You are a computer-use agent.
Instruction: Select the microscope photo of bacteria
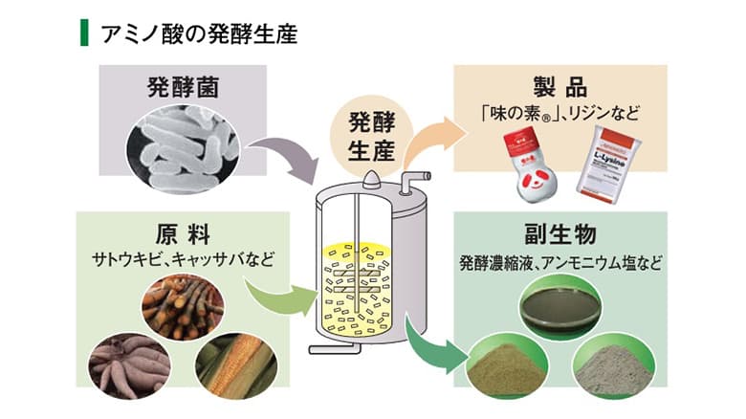pos(185,143)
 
